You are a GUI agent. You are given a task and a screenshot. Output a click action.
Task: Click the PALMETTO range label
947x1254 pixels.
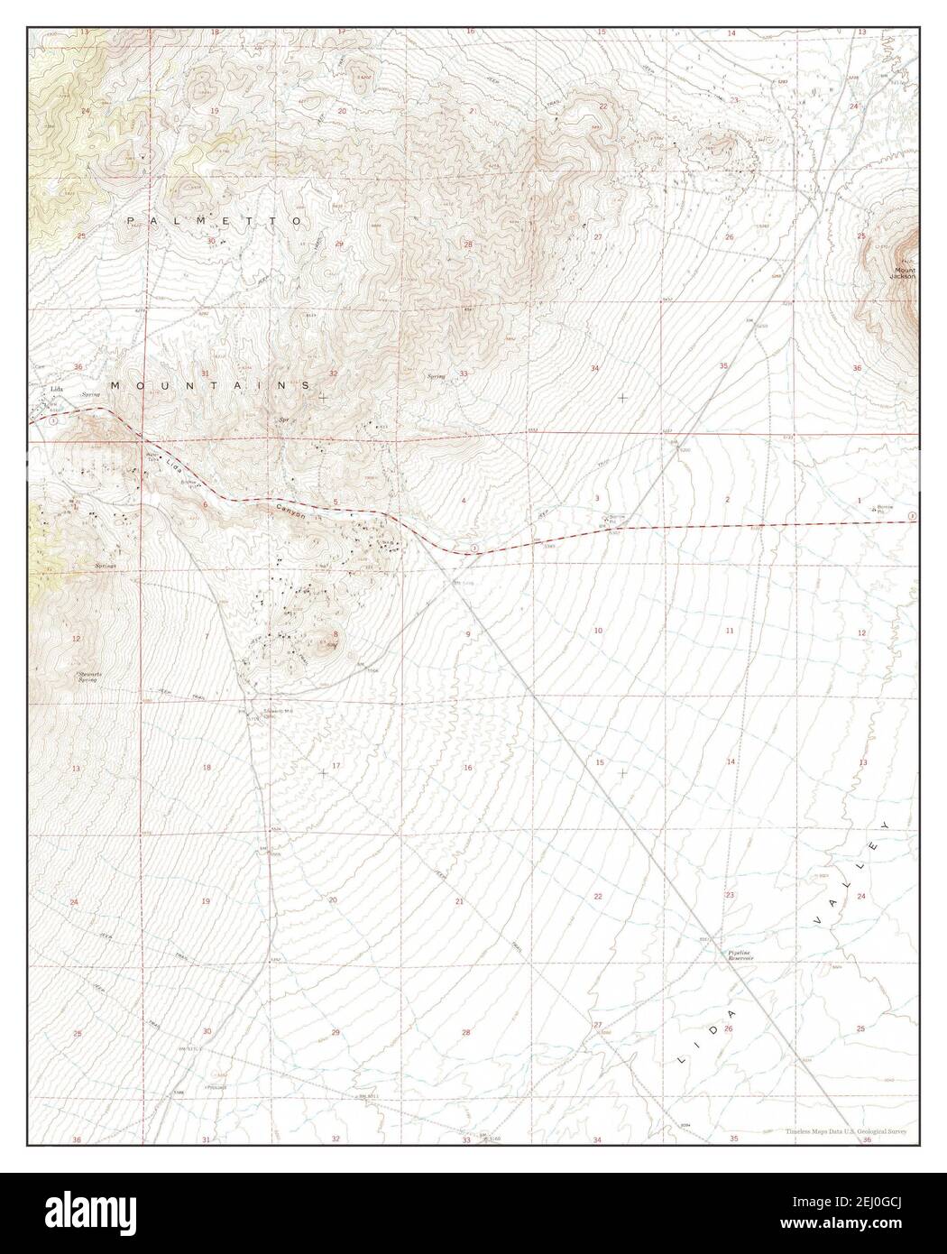(215, 221)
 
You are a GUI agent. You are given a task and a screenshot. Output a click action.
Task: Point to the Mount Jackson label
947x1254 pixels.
(905, 273)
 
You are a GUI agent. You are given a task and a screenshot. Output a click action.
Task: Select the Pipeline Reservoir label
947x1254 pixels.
(740, 955)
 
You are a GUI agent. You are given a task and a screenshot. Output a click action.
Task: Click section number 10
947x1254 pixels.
(598, 630)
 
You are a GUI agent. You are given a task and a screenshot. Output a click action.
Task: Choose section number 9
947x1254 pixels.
(468, 634)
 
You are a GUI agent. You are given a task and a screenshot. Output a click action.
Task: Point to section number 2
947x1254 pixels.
(727, 498)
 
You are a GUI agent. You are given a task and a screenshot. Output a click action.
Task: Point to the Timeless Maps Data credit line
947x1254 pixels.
(845, 1130)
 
